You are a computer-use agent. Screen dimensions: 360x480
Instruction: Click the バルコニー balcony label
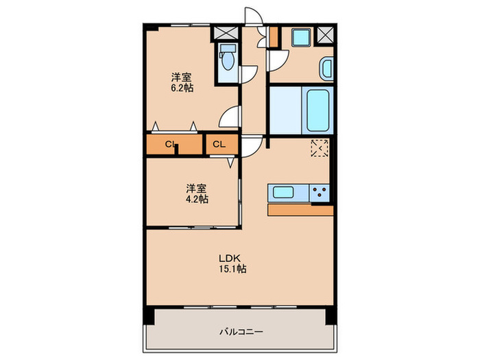241,331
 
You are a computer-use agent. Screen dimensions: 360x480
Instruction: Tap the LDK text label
228,257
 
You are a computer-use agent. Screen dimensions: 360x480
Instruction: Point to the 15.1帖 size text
233,269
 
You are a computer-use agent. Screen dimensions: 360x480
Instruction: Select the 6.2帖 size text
182,88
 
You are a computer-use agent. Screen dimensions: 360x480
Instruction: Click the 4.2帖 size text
195,199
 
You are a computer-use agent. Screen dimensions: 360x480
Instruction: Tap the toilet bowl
227,64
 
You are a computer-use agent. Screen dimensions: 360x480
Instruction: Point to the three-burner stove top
319,193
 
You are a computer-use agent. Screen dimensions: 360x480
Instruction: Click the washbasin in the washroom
326,69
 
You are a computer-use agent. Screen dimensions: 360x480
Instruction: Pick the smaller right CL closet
220,145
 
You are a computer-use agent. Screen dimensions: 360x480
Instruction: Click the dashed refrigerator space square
320,148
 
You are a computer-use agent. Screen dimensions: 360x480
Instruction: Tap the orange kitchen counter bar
300,210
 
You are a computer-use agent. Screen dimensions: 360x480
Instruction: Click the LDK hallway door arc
251,146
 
